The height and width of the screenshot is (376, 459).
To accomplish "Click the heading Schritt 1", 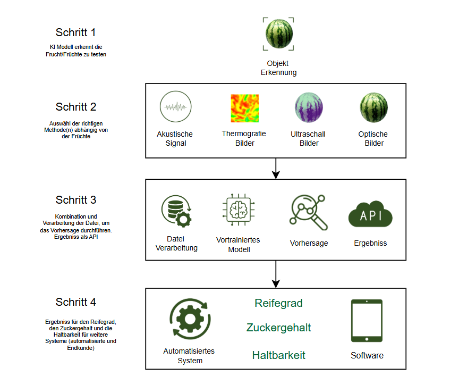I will [75, 32].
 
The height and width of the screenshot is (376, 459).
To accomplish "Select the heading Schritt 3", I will [75, 200].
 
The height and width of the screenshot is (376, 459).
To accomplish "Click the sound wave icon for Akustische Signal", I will [175, 107].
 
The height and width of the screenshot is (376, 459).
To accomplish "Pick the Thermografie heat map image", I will [244, 108].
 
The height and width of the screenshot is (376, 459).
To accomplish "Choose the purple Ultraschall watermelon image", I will [309, 108].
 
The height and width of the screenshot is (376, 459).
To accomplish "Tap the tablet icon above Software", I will [367, 321].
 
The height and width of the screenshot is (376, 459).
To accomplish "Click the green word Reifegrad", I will [278, 303].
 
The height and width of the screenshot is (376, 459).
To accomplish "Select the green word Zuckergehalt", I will [278, 328].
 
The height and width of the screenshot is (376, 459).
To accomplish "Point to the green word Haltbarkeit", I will [278, 355].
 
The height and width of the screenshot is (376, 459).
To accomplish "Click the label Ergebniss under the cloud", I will [370, 243].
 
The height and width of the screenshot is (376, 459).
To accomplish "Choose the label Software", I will [367, 355].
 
